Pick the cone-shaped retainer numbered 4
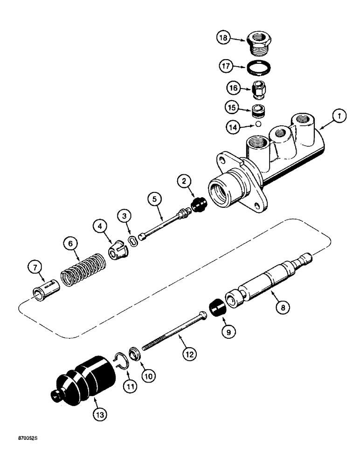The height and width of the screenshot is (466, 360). (118, 251)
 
